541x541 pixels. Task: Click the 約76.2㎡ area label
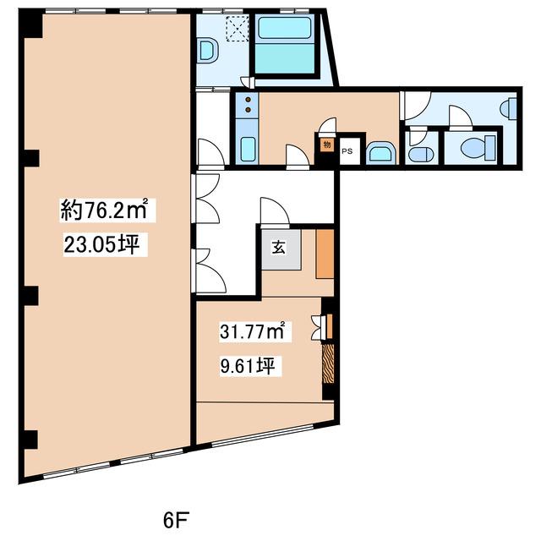coord(104,210)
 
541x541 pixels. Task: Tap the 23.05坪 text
coord(101,245)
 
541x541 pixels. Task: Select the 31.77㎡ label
coord(252,331)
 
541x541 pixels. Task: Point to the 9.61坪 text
coord(248,365)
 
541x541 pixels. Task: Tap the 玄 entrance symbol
coord(279,248)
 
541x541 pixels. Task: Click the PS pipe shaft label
coord(347,151)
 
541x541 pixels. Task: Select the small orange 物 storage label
coord(327,145)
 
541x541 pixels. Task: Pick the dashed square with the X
coord(237,29)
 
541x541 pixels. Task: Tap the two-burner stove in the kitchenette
coord(248,105)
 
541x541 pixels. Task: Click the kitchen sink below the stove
coord(248,149)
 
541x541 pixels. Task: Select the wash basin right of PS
coord(380,152)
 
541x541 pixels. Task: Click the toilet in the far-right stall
coord(478,145)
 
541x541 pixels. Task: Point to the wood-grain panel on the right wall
coord(328,363)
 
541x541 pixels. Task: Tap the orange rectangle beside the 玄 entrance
coord(325,254)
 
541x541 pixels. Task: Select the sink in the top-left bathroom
coord(209,51)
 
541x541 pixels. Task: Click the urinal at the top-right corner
coord(509,109)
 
